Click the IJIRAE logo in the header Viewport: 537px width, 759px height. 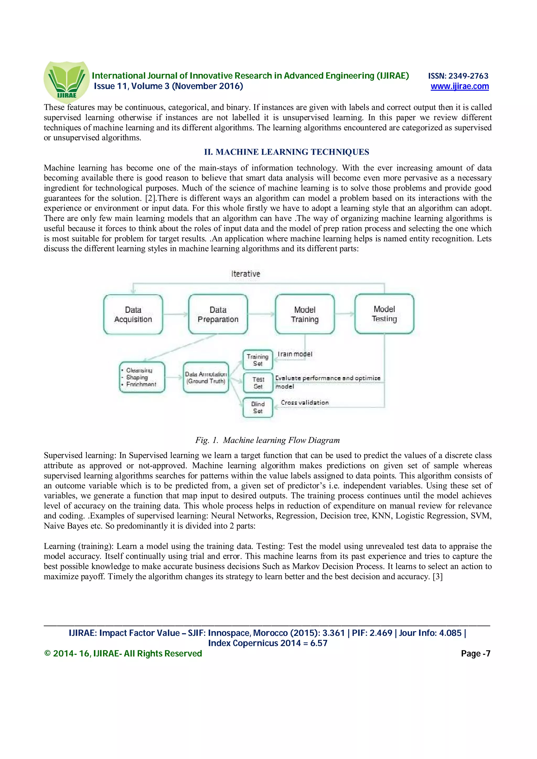click(67, 81)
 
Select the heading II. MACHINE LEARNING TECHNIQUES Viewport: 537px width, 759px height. click(287, 152)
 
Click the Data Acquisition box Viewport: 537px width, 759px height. click(133, 314)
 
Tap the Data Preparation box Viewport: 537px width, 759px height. click(218, 314)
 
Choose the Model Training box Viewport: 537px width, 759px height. click(305, 314)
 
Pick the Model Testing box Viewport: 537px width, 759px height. click(384, 314)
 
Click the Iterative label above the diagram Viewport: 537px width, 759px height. click(245, 274)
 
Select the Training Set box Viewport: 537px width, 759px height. click(258, 360)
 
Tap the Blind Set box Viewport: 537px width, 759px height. click(258, 408)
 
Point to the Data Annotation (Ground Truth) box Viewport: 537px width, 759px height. click(206, 377)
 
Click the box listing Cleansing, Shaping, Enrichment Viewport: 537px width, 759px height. click(142, 377)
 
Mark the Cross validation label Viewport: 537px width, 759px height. click(305, 402)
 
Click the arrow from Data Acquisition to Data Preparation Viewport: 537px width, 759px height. click(175, 314)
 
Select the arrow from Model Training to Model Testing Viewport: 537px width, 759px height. click(345, 314)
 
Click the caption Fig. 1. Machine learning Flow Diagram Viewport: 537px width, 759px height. click(267, 440)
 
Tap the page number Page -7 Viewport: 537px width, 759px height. click(475, 653)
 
